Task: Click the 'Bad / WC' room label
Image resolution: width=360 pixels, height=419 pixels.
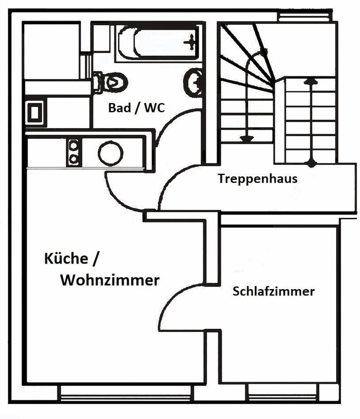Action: tap(136, 108)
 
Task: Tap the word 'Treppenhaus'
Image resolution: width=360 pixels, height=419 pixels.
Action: tap(257, 178)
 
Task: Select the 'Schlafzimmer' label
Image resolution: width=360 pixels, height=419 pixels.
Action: tap(273, 291)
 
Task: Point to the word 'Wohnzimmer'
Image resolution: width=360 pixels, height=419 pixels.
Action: tap(110, 280)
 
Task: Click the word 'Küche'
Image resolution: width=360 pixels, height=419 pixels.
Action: tap(66, 259)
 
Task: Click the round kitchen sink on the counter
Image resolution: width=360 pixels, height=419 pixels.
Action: tap(111, 153)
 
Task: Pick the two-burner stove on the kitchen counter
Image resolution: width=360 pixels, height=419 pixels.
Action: tap(74, 153)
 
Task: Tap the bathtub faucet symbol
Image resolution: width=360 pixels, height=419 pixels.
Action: tap(191, 41)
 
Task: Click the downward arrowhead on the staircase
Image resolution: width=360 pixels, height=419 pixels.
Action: tap(247, 139)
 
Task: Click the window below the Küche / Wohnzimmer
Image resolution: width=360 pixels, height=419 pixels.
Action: tap(125, 392)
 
